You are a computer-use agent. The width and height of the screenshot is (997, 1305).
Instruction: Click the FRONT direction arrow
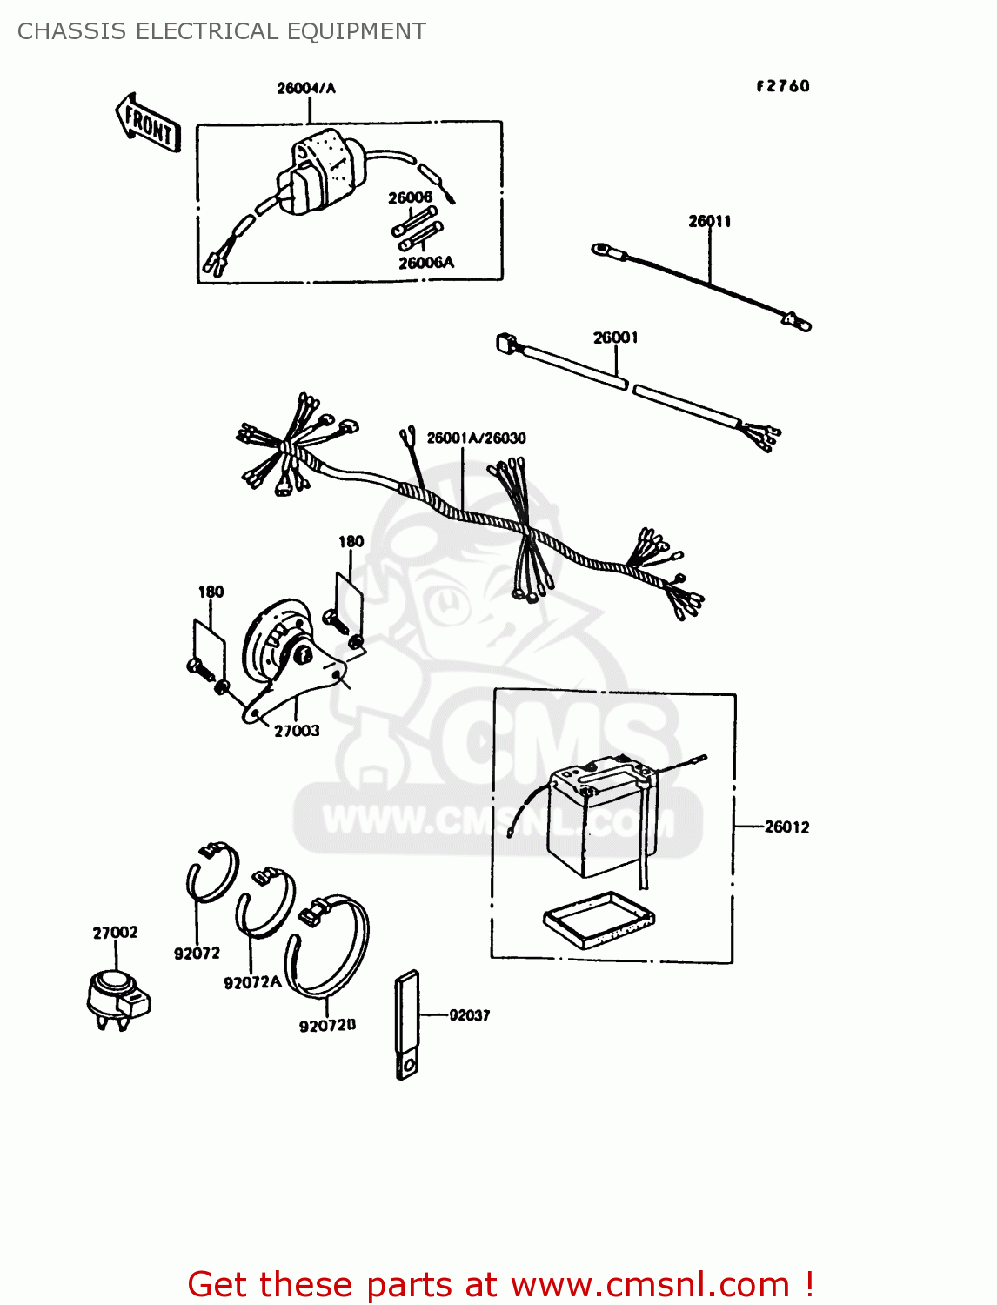click(x=148, y=124)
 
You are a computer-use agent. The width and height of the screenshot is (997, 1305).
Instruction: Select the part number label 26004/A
click(x=306, y=88)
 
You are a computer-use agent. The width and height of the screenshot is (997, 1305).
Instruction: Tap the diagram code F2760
click(x=783, y=86)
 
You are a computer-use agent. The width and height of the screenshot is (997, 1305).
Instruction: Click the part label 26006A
click(x=426, y=263)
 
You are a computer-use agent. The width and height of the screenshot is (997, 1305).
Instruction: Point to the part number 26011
click(x=710, y=221)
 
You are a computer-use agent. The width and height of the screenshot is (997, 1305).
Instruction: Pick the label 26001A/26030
click(x=476, y=438)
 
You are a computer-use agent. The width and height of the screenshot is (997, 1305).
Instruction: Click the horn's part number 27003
click(x=297, y=731)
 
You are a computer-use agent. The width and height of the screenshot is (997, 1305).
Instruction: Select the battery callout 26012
click(x=786, y=826)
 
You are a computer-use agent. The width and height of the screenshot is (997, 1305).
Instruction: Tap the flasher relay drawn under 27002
click(x=118, y=998)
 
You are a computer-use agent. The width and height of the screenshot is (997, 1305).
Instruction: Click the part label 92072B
click(x=327, y=1026)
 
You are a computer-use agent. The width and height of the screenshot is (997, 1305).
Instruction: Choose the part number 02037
click(x=470, y=1015)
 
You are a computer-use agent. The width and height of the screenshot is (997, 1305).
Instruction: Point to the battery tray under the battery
click(x=599, y=919)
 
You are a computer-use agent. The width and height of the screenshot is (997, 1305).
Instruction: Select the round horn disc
click(x=270, y=639)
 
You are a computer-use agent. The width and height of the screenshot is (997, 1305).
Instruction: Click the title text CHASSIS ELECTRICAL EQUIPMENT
click(x=222, y=31)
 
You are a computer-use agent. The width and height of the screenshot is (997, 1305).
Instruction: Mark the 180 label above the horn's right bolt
click(x=351, y=541)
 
